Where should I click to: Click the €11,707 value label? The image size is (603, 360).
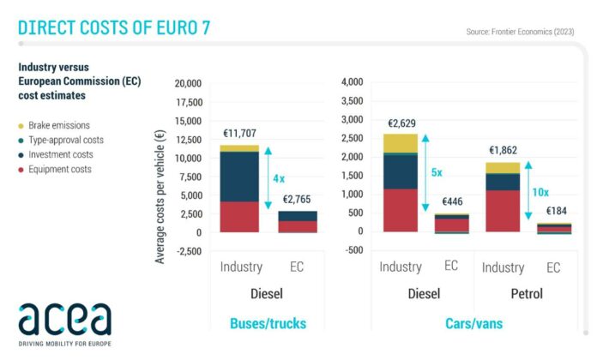point(239,134)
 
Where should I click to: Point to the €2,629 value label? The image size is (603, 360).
point(403,123)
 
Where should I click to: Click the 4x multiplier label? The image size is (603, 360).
point(279,179)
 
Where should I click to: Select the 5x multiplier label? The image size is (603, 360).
point(437,172)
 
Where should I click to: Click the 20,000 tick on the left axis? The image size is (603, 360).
point(186,83)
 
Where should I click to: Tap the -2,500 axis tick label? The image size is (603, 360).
point(187,251)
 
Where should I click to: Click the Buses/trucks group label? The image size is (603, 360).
point(268,323)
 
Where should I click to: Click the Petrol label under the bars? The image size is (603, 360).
point(528,294)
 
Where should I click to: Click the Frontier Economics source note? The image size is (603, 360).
point(520,32)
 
